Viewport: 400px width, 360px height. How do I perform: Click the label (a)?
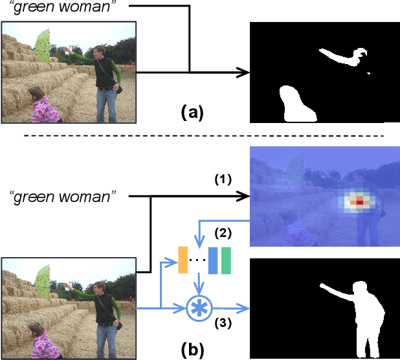click(192, 112)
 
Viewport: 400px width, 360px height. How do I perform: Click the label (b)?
click(192, 350)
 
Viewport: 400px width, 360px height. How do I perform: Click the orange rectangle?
click(183, 260)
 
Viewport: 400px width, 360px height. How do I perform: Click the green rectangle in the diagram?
click(225, 260)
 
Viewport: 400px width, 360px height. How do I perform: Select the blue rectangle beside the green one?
click(212, 260)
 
